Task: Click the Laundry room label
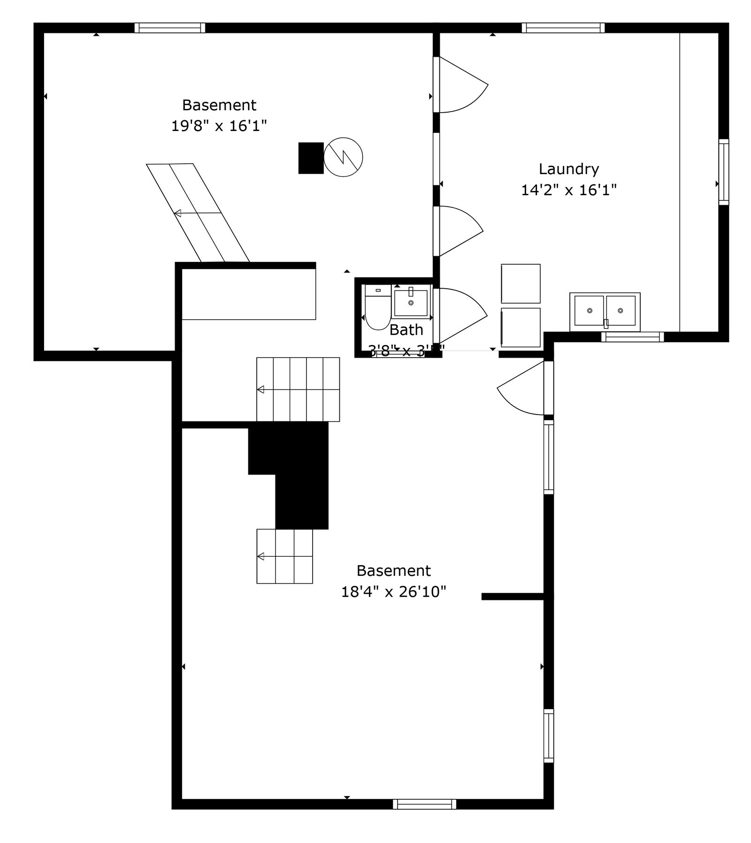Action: coord(568,169)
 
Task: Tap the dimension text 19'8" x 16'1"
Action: coord(219,126)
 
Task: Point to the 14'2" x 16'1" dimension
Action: coord(568,190)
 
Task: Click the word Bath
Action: coord(406,330)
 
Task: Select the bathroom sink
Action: coord(411,303)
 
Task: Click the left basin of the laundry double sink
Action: coord(589,311)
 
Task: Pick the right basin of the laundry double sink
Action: coord(621,311)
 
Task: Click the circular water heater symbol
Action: coord(343,157)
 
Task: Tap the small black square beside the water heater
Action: coord(311,158)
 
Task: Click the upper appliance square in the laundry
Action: coord(521,284)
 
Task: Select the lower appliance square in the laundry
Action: coord(521,328)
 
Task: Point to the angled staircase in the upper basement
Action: coord(198,213)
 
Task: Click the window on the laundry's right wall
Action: coord(724,172)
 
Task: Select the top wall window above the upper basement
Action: coord(170,28)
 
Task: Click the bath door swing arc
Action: coord(465,313)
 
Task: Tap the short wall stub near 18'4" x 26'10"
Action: coord(513,597)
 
